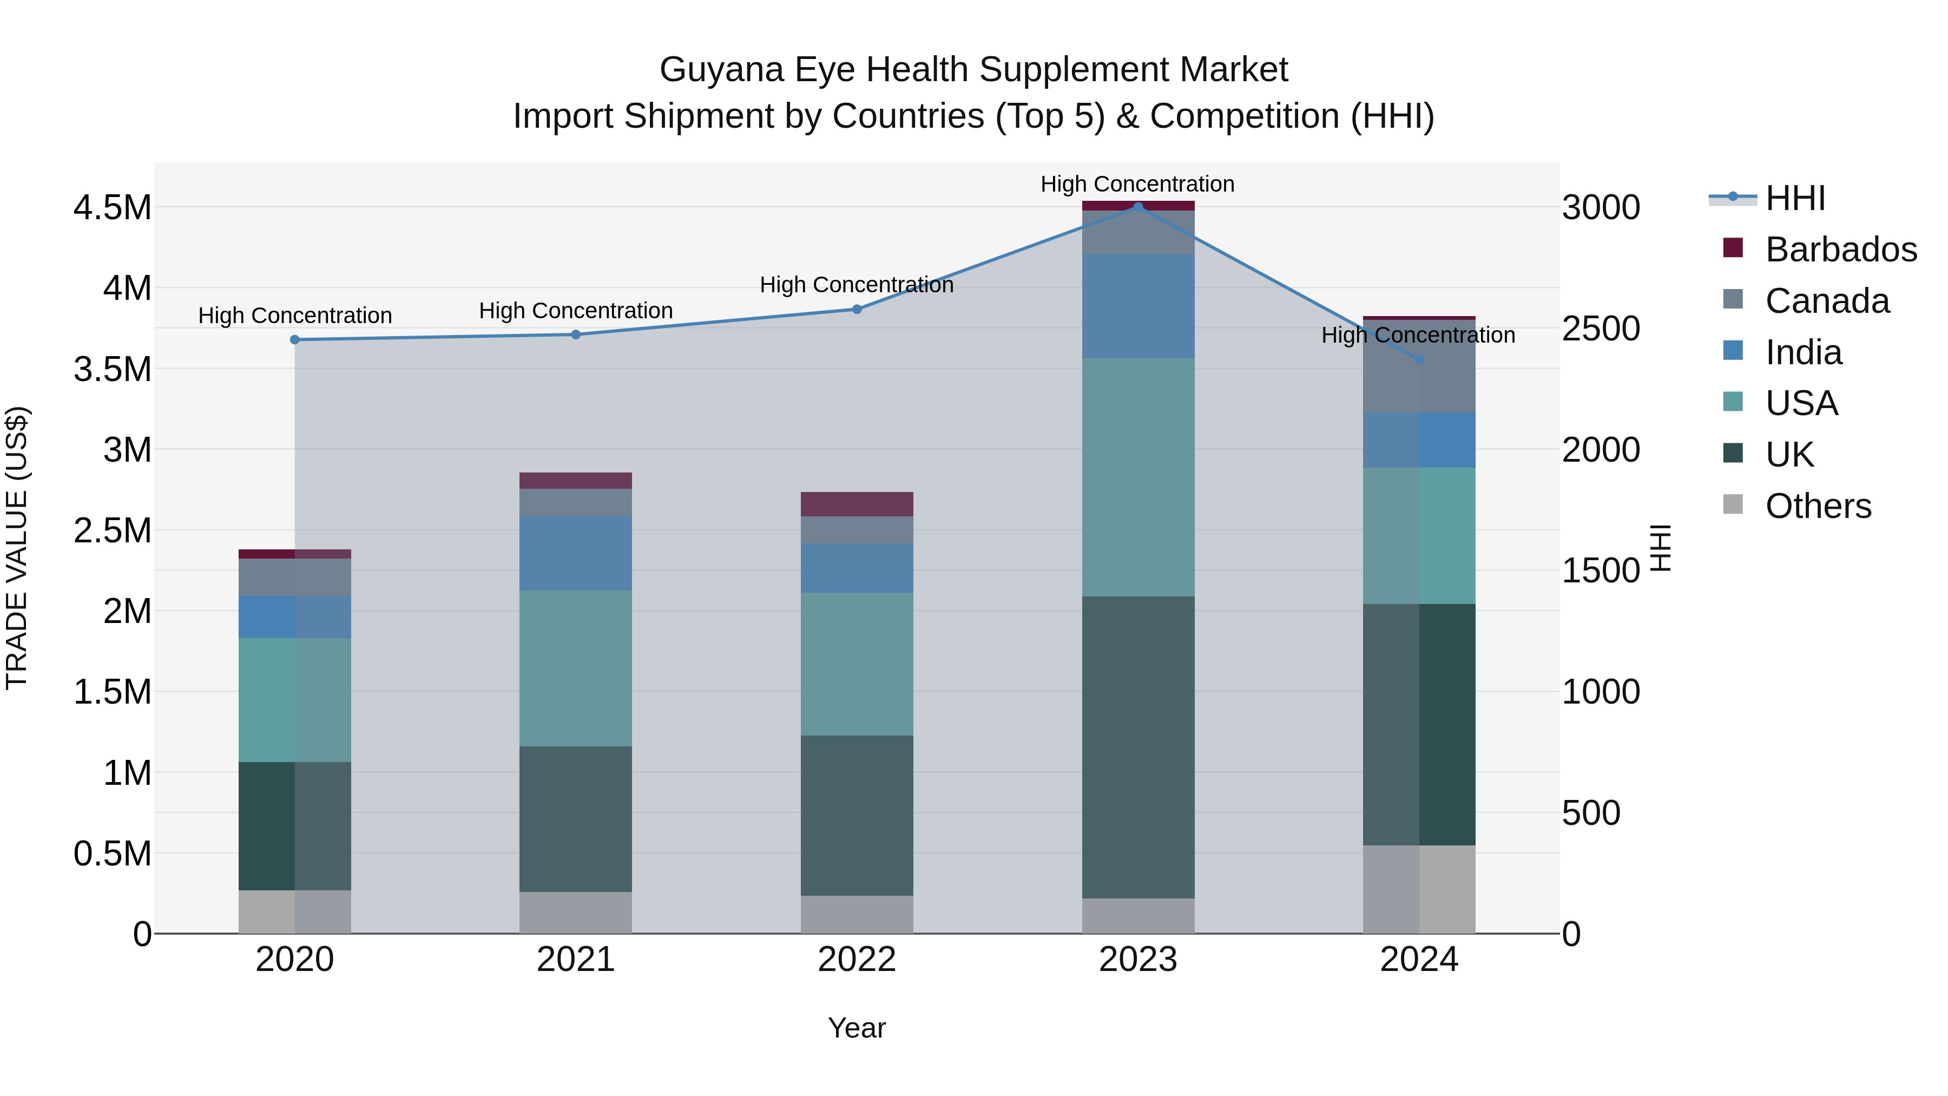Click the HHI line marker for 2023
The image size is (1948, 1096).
point(1138,207)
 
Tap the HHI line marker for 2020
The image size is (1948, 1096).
point(295,339)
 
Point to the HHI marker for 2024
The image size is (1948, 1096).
point(1419,360)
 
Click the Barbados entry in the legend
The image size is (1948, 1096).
point(1841,250)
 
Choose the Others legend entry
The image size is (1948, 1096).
point(1818,506)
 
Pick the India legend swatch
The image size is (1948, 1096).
point(1733,351)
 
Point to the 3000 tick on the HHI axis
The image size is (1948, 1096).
point(1601,207)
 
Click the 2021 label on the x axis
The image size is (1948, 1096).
point(576,960)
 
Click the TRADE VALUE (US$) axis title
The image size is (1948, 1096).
point(17,548)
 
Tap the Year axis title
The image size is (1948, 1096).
point(857,1028)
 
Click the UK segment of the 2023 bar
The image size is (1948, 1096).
point(1138,747)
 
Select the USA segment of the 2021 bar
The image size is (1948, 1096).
point(576,668)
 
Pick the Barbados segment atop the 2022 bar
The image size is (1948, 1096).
point(857,504)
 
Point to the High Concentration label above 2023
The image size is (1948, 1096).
point(1137,184)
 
